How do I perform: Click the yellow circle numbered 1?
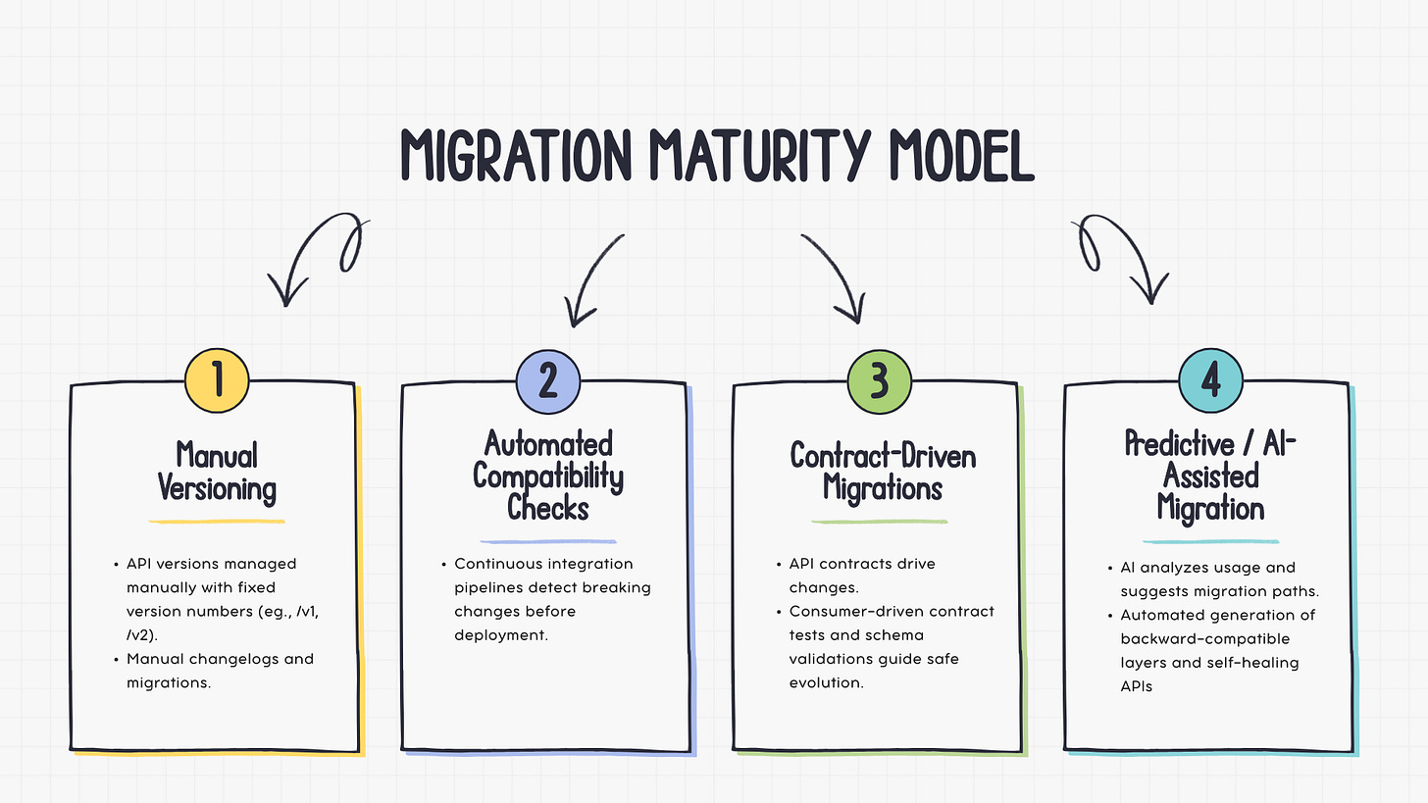217,380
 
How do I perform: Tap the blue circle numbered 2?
548,380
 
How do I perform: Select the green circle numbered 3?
880,380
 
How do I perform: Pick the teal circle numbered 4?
1210,380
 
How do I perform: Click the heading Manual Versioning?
217,472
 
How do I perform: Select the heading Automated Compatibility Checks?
548,475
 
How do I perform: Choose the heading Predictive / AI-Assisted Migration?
1210,476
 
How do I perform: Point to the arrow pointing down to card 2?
593,279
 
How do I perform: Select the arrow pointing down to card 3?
837,277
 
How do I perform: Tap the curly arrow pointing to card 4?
1120,257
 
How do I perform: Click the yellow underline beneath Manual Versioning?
217,521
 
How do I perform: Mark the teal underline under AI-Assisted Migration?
1210,541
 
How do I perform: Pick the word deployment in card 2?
499,634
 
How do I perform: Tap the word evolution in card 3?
826,682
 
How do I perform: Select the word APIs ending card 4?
1136,686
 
